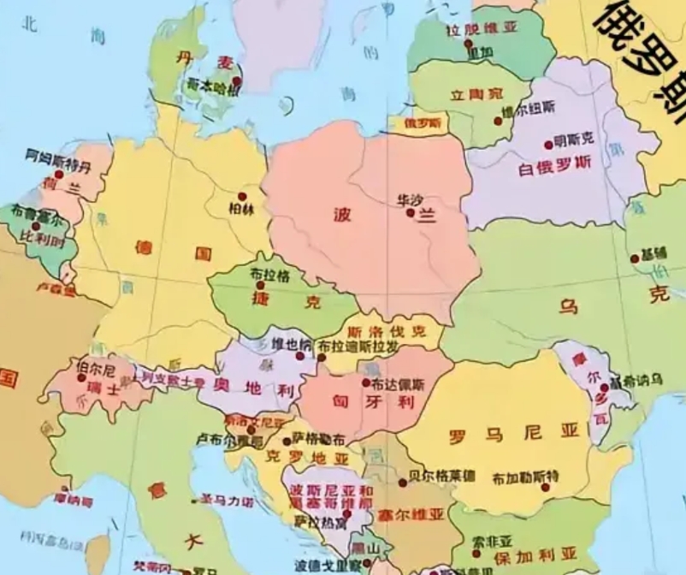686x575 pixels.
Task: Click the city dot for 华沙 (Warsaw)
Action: click(x=411, y=212)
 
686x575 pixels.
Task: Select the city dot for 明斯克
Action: click(x=548, y=145)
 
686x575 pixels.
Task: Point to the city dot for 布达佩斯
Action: click(x=366, y=382)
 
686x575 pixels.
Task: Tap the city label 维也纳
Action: click(x=287, y=344)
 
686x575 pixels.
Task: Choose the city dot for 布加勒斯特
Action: click(x=545, y=488)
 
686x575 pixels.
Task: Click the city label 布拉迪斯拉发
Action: click(x=357, y=346)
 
